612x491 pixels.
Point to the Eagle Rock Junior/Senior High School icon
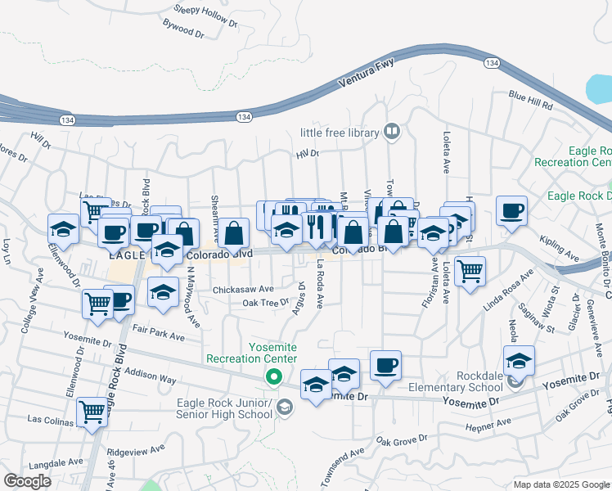click(x=285, y=408)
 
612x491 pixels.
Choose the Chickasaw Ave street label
click(x=243, y=289)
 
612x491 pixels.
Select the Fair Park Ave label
click(x=158, y=331)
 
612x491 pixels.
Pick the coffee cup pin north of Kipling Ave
click(x=511, y=210)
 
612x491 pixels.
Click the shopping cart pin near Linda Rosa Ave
click(x=470, y=271)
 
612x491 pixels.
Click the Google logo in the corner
click(x=27, y=481)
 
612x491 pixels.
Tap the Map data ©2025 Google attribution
click(x=560, y=484)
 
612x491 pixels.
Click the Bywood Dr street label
click(x=183, y=32)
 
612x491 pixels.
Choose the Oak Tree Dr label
click(x=266, y=302)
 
